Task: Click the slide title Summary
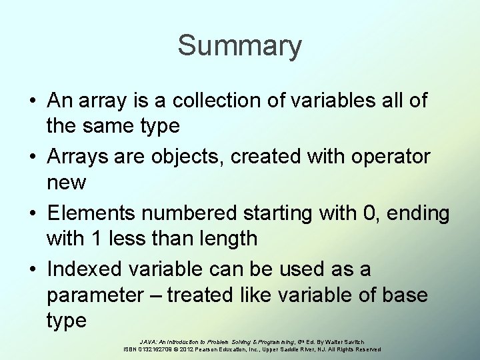(x=239, y=47)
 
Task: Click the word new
(x=67, y=181)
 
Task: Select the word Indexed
(x=87, y=270)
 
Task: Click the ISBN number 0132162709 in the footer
(x=155, y=349)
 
